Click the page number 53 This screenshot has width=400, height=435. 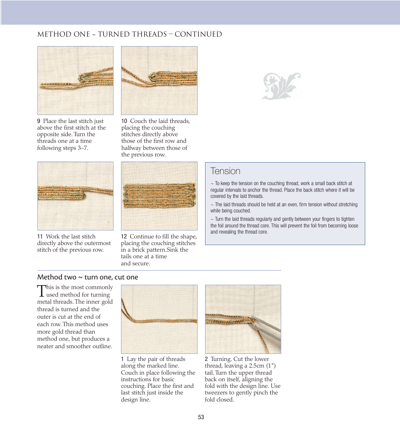click(201, 417)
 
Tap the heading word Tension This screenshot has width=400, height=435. click(225, 171)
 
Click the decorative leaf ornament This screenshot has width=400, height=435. click(281, 86)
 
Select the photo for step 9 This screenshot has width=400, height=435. click(75, 81)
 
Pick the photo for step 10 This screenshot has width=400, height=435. click(159, 81)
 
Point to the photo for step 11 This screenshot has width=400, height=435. click(75, 196)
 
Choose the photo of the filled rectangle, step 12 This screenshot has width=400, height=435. click(159, 196)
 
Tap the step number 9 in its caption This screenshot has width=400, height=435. click(39, 121)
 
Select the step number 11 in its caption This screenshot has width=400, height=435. click(40, 237)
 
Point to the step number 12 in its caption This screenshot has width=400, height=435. click(124, 237)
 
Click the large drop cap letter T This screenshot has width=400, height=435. click(41, 290)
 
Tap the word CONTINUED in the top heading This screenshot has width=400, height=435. click(198, 34)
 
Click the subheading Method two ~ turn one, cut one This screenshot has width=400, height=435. click(88, 277)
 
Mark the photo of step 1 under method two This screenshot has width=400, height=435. click(159, 319)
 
